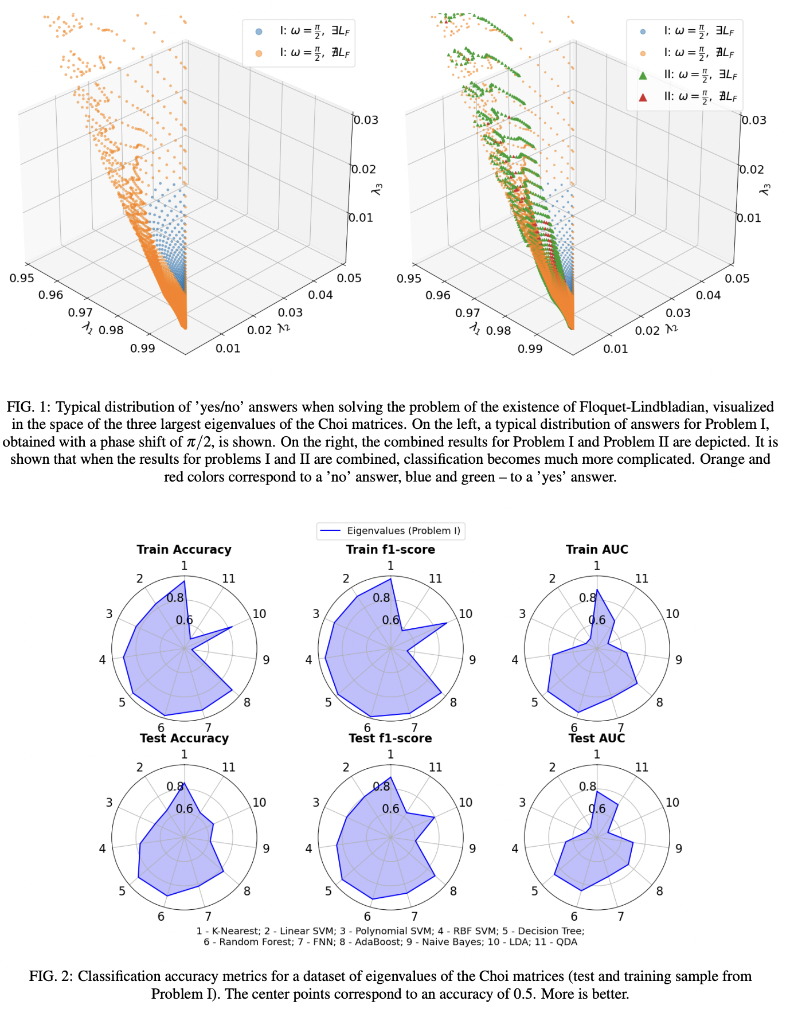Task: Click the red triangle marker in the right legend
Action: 643,97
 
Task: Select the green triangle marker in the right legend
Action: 643,75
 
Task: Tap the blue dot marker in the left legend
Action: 259,32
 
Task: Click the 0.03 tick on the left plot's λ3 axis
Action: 365,120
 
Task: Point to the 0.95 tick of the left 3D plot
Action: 22,278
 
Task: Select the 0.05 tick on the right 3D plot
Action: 737,278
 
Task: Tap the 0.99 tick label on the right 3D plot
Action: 530,349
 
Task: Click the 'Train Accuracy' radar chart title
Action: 184,549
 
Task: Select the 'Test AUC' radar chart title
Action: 596,738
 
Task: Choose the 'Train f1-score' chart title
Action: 390,549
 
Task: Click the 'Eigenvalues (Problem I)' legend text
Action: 404,531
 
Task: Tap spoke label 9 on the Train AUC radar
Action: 679,660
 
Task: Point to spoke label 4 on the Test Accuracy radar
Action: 102,848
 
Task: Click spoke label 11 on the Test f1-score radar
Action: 435,767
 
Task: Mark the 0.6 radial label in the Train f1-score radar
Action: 390,620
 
